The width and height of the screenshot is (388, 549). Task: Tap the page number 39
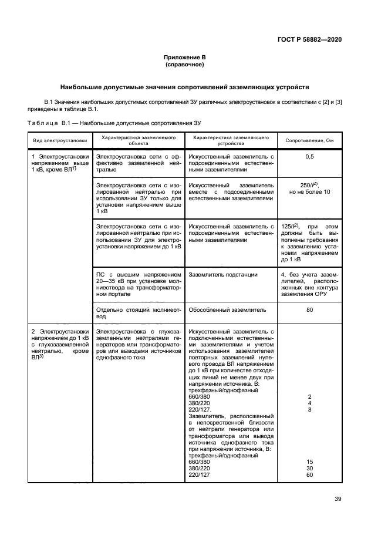338,499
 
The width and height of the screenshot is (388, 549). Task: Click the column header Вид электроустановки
60,141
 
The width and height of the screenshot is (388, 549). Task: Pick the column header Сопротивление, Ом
309,141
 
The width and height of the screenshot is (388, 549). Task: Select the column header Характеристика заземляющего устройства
231,140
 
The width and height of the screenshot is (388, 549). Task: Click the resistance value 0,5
309,157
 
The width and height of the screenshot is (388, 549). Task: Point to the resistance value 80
309,309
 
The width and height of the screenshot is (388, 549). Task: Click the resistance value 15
309,462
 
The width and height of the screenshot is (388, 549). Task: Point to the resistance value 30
309,468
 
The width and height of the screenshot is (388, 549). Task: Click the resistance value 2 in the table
309,396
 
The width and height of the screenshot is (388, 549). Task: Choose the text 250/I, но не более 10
309,188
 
